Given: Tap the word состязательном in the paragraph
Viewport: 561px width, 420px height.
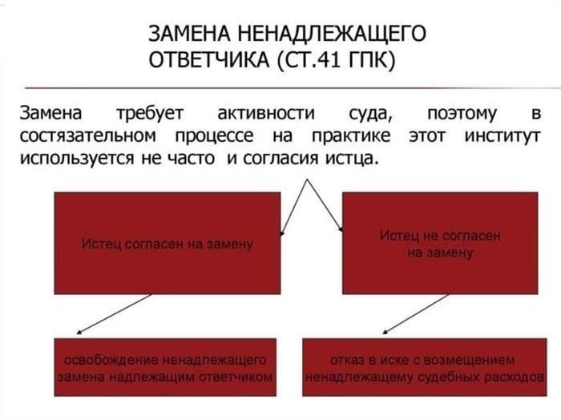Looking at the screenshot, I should [x=87, y=135].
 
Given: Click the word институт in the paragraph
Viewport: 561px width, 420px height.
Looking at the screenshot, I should [x=502, y=135].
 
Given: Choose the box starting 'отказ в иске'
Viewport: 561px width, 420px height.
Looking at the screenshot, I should [x=426, y=368].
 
